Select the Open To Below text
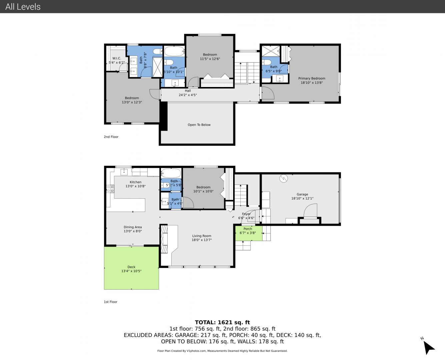(x=199, y=125)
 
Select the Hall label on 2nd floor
(x=188, y=91)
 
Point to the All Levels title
(x=23, y=7)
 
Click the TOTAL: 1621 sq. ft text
(x=222, y=322)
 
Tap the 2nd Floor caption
(x=111, y=137)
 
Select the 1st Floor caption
(x=111, y=302)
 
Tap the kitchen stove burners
(x=110, y=189)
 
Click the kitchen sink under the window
(x=124, y=172)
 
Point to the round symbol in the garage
(x=284, y=178)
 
